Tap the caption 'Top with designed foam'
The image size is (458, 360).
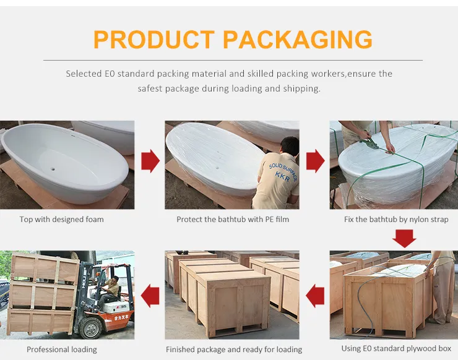(x=61, y=219)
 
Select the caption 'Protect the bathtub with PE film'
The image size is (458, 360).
(x=233, y=219)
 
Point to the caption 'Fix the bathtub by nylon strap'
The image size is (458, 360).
(x=396, y=219)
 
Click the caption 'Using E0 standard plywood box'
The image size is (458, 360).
(x=397, y=348)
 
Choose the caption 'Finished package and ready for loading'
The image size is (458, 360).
(x=234, y=349)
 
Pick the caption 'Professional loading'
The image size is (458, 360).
(x=62, y=349)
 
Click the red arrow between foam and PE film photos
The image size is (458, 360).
(x=150, y=161)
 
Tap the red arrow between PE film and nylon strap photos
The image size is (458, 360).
(x=316, y=161)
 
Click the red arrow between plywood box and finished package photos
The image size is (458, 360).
(x=316, y=295)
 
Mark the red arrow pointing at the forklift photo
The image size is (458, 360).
(x=150, y=295)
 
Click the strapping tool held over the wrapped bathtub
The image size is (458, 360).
(x=371, y=144)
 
